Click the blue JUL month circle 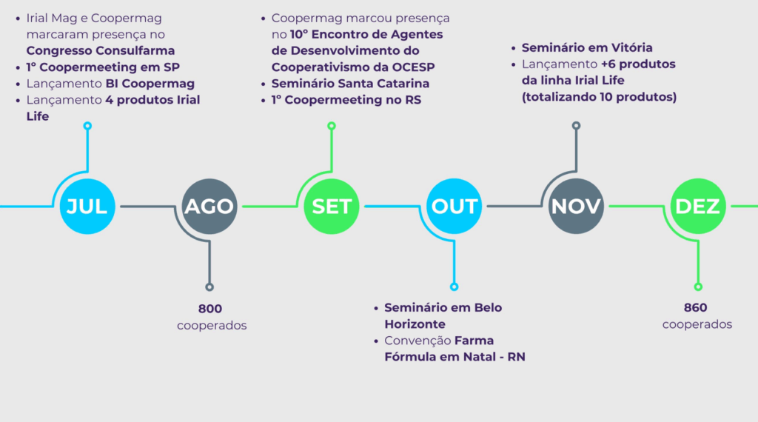[87, 207]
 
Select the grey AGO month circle [209, 207]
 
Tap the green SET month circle [332, 207]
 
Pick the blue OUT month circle [455, 207]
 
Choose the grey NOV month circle [576, 207]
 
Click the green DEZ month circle [698, 207]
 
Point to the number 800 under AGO [209, 309]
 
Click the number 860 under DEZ [696, 308]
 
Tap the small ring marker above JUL [87, 127]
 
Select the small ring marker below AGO [209, 287]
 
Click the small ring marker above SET [332, 127]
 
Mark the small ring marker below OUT [455, 287]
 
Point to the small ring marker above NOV [576, 127]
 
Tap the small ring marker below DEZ [698, 287]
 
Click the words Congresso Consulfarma [101, 51]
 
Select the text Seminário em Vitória [587, 48]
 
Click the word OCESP [408, 67]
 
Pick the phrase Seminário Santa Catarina [350, 84]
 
